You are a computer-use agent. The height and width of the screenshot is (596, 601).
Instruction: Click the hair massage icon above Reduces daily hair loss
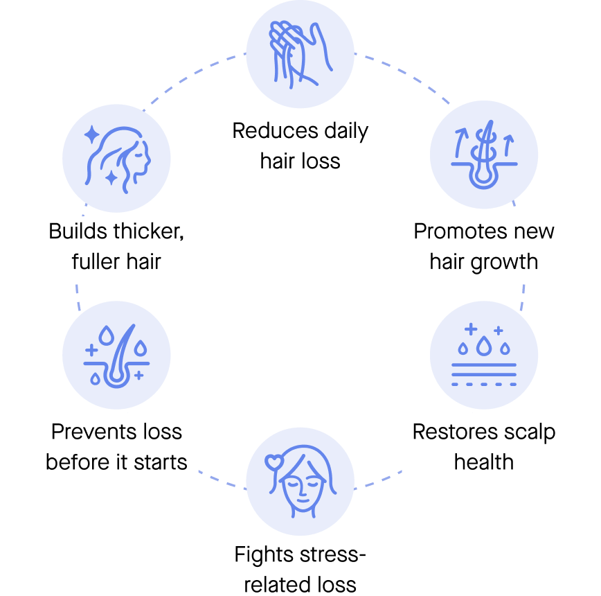point(300,55)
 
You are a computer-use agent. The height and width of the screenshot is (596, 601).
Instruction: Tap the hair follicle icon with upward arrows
point(484,155)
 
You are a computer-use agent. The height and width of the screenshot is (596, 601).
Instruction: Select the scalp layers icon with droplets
point(484,355)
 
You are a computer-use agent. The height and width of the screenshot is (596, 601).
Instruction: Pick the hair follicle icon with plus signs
point(116,356)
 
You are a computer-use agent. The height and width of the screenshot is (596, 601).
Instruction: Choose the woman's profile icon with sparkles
point(117,159)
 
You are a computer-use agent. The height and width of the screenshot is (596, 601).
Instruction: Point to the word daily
point(346,132)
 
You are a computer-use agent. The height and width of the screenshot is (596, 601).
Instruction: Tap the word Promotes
point(460,231)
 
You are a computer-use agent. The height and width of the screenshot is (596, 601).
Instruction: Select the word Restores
point(456,432)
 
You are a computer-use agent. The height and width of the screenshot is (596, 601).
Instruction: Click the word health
point(484,462)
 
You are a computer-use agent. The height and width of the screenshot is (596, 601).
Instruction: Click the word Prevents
point(94,432)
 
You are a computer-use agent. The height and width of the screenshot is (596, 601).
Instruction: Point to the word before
point(75,462)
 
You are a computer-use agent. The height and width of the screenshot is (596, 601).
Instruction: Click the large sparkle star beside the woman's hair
point(92,134)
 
